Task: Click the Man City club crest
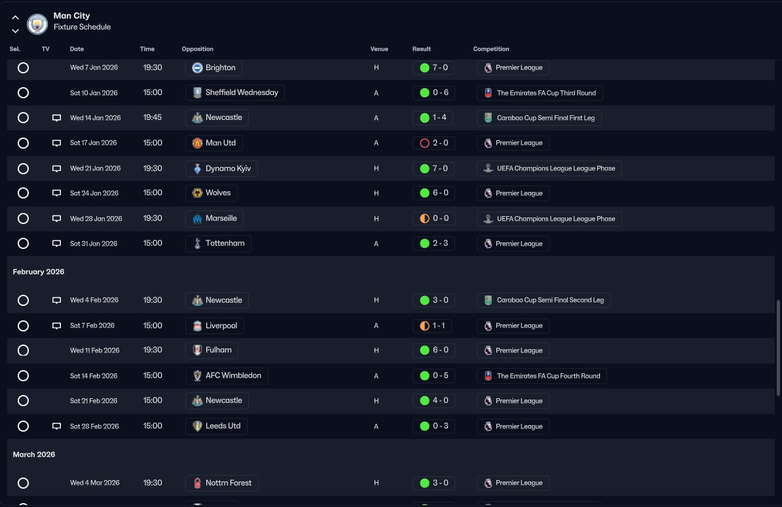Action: coord(37,24)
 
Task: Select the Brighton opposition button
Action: coord(214,68)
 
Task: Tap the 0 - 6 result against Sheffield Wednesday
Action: coord(434,93)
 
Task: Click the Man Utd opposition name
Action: coord(221,143)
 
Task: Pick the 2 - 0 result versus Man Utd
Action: coord(434,143)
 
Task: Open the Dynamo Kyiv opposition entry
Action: coord(221,168)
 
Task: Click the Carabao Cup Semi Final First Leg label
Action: coord(546,119)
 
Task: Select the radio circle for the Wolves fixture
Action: coord(23,193)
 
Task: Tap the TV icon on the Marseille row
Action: coord(57,219)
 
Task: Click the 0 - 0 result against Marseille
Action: coord(434,219)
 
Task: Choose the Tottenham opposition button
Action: coord(218,244)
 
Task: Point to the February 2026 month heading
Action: coord(39,272)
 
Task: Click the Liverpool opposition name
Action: coord(221,326)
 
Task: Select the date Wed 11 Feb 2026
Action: coord(95,350)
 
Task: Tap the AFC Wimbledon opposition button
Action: coord(227,376)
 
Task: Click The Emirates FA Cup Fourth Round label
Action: coord(549,376)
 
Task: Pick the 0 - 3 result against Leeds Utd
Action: coord(434,426)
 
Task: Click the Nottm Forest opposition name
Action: coord(229,483)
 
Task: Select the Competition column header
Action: coord(491,49)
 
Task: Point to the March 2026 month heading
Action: coord(34,455)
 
